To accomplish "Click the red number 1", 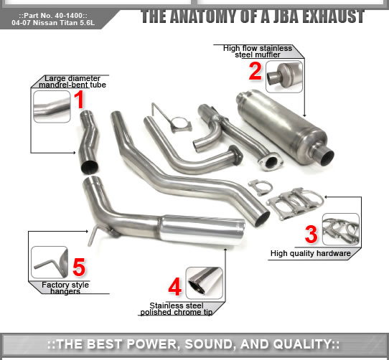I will point(80,100).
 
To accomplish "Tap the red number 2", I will point(255,70).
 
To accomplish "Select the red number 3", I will point(311,233).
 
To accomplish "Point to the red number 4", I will point(174,287).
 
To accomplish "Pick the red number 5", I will point(79,267).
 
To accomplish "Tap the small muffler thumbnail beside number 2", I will point(284,76).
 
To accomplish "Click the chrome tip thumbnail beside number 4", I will point(204,282).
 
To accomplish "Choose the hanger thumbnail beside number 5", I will point(49,262).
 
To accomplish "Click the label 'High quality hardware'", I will point(310,253).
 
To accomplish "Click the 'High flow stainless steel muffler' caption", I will point(258,51).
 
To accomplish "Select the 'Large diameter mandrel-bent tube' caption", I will point(75,81).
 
